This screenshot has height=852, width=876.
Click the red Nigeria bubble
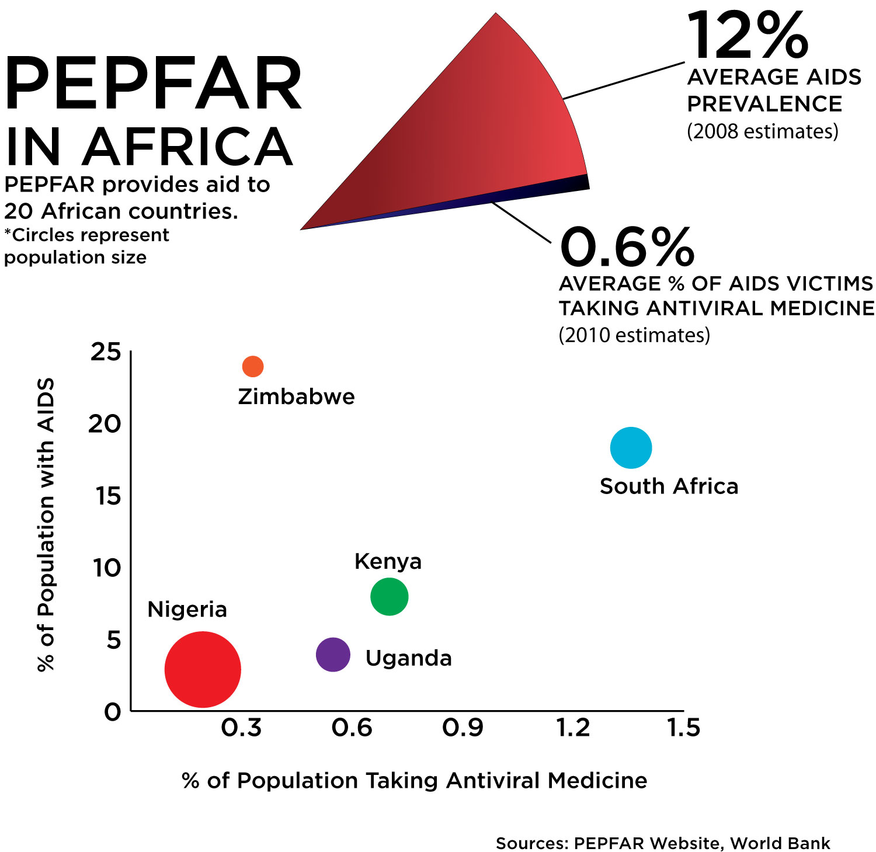tap(203, 669)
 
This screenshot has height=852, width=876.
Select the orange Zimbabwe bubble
tap(253, 367)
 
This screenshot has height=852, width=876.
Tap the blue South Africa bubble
tap(631, 448)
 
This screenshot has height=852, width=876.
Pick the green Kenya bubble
tap(389, 596)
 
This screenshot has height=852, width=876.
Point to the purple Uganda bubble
tap(333, 655)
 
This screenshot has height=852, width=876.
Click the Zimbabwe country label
tap(296, 397)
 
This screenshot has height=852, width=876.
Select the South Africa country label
tap(669, 486)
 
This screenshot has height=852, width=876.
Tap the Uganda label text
tap(408, 658)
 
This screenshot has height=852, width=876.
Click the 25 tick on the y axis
tap(106, 352)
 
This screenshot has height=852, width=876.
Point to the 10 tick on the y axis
tap(107, 568)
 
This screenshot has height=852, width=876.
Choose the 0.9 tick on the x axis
tap(463, 728)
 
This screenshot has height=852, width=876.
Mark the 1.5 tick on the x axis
tap(683, 728)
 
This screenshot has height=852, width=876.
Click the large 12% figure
tap(748, 36)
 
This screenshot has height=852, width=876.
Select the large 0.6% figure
tap(627, 247)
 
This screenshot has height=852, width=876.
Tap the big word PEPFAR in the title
tap(153, 84)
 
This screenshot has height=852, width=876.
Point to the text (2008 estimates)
tap(762, 131)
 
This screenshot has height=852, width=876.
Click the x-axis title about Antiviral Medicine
tap(415, 781)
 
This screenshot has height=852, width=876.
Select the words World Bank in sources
tap(780, 843)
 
